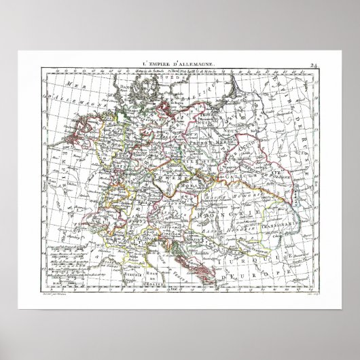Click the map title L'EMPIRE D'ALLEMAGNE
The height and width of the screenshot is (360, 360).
[179, 63]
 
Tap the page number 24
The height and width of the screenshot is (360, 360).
[313, 65]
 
